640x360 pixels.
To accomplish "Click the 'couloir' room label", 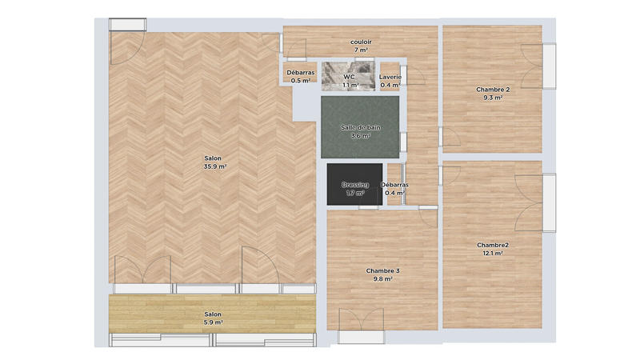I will click(x=360, y=42).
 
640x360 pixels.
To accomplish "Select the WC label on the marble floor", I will click(x=349, y=77).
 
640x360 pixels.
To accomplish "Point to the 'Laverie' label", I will click(x=390, y=77).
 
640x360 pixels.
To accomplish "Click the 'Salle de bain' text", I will click(x=360, y=127).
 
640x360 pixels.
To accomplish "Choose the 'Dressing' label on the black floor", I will click(x=354, y=185).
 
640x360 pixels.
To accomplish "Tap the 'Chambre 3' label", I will click(x=383, y=271).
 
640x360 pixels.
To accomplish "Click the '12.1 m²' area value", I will click(x=493, y=254).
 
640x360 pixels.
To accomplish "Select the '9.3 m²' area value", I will click(x=493, y=98).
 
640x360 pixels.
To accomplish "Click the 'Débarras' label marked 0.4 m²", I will click(x=394, y=185).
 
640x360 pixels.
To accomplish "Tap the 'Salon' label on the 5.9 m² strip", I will click(x=213, y=314).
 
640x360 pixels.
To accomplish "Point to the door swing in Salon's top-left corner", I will click(x=124, y=50).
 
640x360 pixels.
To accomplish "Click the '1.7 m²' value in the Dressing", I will click(x=354, y=193).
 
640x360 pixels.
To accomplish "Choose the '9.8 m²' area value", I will click(x=383, y=279).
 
